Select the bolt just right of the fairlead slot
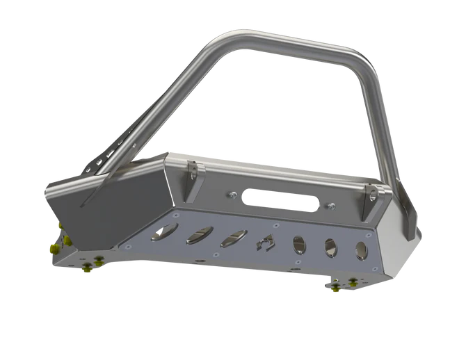coord(331,204)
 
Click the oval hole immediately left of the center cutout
coord(232,238)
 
